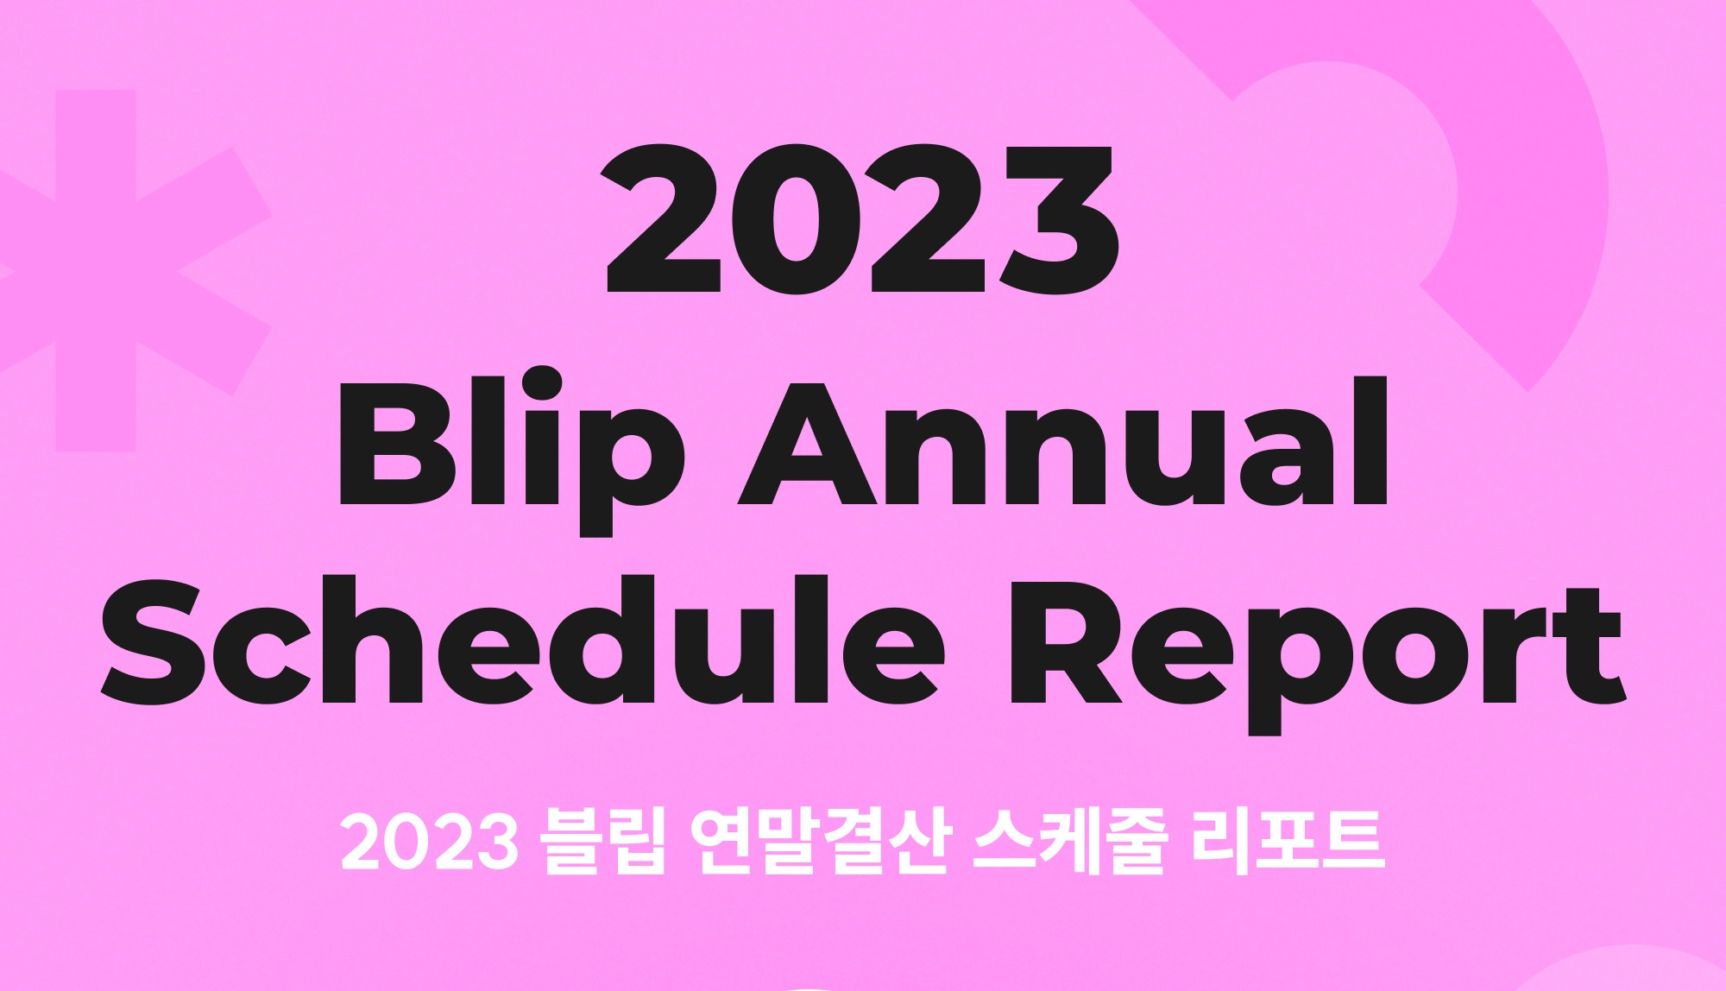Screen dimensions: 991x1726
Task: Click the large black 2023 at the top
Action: point(860,218)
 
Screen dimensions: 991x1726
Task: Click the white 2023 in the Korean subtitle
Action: point(429,843)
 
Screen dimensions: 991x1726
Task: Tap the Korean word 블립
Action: point(602,842)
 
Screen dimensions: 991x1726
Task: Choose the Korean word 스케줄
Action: point(1070,842)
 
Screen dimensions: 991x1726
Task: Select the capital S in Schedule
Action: point(154,641)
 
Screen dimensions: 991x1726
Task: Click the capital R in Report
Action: point(1067,641)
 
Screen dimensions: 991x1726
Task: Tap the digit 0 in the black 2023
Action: point(795,218)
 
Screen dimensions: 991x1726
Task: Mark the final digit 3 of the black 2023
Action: point(1059,218)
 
